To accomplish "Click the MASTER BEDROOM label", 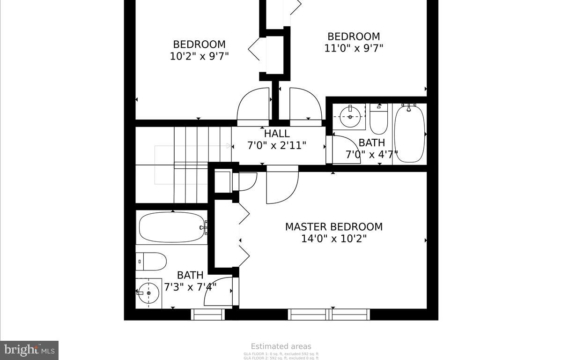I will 333,227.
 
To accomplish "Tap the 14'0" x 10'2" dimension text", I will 333,239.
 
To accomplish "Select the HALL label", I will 276,134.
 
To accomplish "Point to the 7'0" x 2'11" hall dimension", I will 276,145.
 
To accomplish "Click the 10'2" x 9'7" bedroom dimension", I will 199,56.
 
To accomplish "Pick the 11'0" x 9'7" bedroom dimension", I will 354,48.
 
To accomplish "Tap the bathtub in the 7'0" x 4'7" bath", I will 409,134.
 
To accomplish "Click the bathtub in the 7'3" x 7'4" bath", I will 171,228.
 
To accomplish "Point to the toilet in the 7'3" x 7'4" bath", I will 152,262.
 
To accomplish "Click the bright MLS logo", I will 29,350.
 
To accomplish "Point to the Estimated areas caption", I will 281,346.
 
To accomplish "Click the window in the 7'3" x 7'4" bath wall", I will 207,314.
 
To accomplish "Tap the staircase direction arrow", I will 229,146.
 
